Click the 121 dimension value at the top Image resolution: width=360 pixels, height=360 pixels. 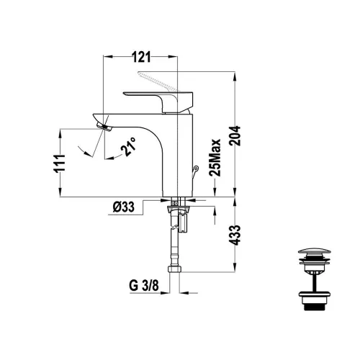click(x=141, y=57)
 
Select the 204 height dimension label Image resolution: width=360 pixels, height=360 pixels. click(x=235, y=136)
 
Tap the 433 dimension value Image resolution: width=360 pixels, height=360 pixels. click(x=235, y=235)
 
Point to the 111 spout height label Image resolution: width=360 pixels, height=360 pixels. click(x=60, y=163)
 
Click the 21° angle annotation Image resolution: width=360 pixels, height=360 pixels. click(x=129, y=147)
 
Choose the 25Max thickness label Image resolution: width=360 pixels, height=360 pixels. click(x=215, y=158)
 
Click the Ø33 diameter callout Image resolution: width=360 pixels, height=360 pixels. click(x=124, y=207)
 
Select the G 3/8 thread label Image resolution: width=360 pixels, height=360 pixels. click(x=144, y=286)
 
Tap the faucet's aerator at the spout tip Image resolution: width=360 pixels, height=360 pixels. click(x=104, y=127)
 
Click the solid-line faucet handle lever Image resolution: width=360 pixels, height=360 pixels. click(x=158, y=102)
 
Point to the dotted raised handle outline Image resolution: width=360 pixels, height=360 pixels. click(x=158, y=81)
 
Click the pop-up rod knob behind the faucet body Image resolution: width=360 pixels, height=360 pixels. click(x=196, y=168)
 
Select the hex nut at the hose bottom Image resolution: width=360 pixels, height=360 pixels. click(x=174, y=269)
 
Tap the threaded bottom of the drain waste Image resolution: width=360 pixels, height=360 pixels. click(x=315, y=307)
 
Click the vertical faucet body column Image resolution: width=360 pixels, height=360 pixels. click(x=178, y=156)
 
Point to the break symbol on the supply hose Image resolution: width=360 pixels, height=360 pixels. click(x=175, y=228)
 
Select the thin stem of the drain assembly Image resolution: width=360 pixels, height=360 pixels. click(x=314, y=282)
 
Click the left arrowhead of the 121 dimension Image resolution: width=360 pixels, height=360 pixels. click(x=108, y=57)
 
